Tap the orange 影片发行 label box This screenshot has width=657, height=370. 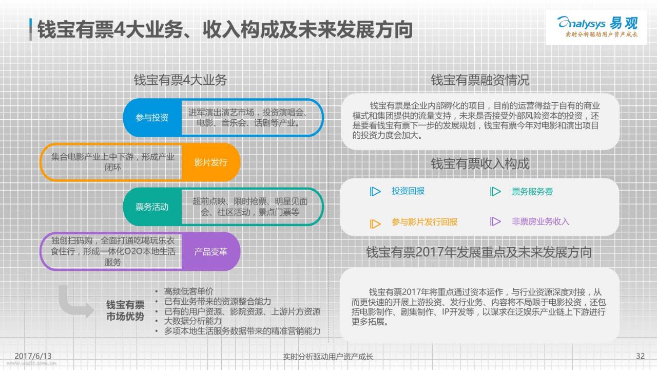[x=211, y=162]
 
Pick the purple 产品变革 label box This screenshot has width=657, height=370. [x=211, y=251]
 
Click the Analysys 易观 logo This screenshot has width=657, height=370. [x=597, y=27]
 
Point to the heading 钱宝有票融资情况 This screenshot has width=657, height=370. [x=480, y=80]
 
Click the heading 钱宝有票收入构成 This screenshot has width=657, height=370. [x=480, y=163]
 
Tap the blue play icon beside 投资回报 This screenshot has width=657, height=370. [x=375, y=192]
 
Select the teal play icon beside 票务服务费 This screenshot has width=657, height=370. [x=495, y=192]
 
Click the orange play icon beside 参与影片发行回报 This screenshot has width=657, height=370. [x=375, y=224]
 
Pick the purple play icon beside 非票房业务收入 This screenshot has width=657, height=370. [x=495, y=221]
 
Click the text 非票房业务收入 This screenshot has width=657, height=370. [x=540, y=221]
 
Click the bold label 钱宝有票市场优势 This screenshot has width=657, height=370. [x=125, y=310]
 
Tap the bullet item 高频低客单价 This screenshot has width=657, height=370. [x=188, y=291]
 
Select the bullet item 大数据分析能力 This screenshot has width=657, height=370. [x=192, y=321]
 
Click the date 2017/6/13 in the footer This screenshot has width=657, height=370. [x=33, y=356]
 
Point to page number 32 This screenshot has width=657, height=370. [x=640, y=356]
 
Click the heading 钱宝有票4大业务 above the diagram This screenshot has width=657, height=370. [x=180, y=80]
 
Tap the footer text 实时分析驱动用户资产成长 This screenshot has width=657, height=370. [x=328, y=357]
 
